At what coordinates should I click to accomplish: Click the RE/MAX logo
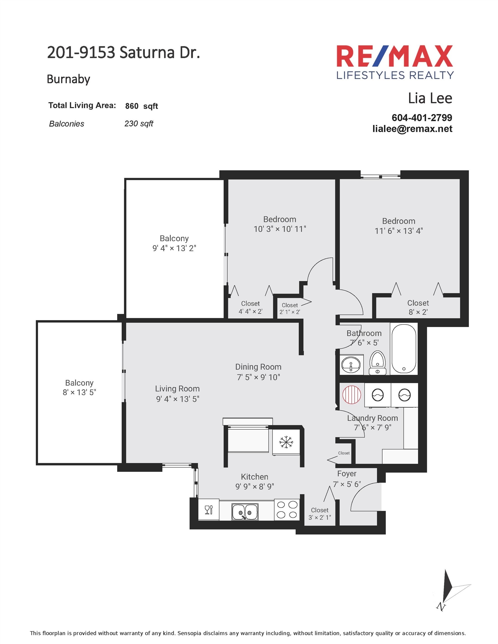(x=395, y=62)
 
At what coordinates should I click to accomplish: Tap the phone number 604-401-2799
(x=422, y=118)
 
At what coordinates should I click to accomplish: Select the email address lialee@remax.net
(x=412, y=129)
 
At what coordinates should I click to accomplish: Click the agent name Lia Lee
(x=430, y=98)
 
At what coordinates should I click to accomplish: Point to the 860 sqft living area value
(x=141, y=106)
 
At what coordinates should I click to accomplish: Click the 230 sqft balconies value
(x=139, y=124)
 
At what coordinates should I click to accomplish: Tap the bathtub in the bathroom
(x=403, y=349)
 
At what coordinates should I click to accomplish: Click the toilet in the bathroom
(x=378, y=363)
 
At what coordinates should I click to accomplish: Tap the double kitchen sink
(x=245, y=512)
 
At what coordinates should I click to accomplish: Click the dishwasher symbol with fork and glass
(x=209, y=509)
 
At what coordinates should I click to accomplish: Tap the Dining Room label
(x=258, y=367)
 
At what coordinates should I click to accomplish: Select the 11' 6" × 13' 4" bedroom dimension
(x=398, y=231)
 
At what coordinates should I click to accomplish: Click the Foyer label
(x=347, y=473)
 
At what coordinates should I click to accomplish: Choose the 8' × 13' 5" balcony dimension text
(x=79, y=392)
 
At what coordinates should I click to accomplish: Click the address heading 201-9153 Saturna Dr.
(x=123, y=53)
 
